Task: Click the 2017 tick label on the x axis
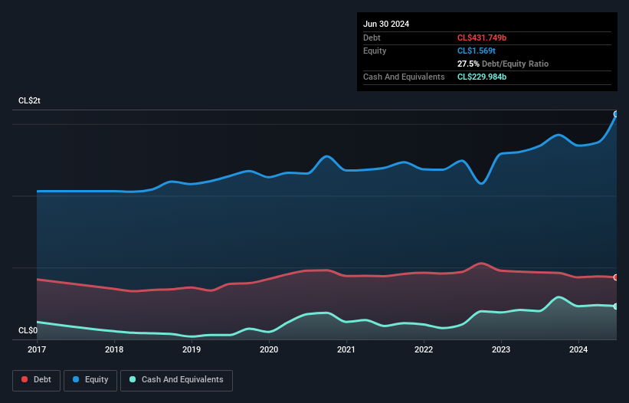[x=37, y=350]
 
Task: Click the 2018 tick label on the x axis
[x=114, y=350]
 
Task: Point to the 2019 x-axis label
[x=192, y=350]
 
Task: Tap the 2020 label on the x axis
[x=269, y=350]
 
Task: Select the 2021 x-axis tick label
[x=346, y=350]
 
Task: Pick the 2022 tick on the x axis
[x=424, y=350]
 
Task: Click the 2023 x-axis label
[x=501, y=350]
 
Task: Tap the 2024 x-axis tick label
[x=578, y=350]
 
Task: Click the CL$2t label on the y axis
[x=29, y=101]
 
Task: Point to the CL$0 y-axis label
[x=28, y=330]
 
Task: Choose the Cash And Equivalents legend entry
[x=176, y=380]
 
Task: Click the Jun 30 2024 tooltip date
[x=386, y=24]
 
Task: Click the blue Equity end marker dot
[x=616, y=113]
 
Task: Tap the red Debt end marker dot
[x=616, y=277]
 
